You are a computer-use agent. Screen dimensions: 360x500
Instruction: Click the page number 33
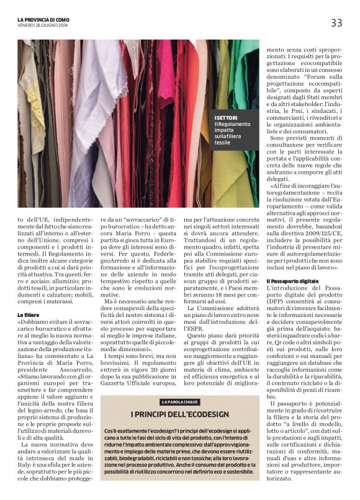[336, 23]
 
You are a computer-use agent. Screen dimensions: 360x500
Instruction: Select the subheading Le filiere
[29, 316]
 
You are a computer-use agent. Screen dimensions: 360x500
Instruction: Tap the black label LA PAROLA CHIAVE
[180, 403]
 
